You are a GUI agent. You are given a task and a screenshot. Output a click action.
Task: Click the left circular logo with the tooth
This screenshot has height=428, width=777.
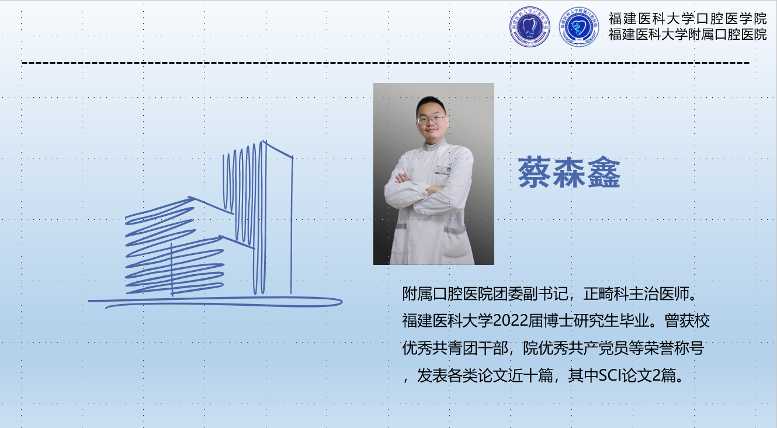(530, 27)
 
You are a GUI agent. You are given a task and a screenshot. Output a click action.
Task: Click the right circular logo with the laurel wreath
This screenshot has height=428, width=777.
(579, 27)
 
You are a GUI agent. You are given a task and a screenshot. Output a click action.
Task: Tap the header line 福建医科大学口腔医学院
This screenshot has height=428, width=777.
(688, 19)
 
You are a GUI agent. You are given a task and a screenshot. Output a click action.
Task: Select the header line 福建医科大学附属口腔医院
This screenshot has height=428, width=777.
(688, 34)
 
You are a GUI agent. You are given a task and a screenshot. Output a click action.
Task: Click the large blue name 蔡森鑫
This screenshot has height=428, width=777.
(569, 172)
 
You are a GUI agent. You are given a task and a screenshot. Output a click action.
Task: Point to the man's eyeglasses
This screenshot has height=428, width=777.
(431, 119)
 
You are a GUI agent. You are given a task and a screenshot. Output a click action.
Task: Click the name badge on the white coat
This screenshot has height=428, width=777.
(443, 170)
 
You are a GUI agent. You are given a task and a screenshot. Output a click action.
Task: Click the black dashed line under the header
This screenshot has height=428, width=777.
(386, 63)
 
